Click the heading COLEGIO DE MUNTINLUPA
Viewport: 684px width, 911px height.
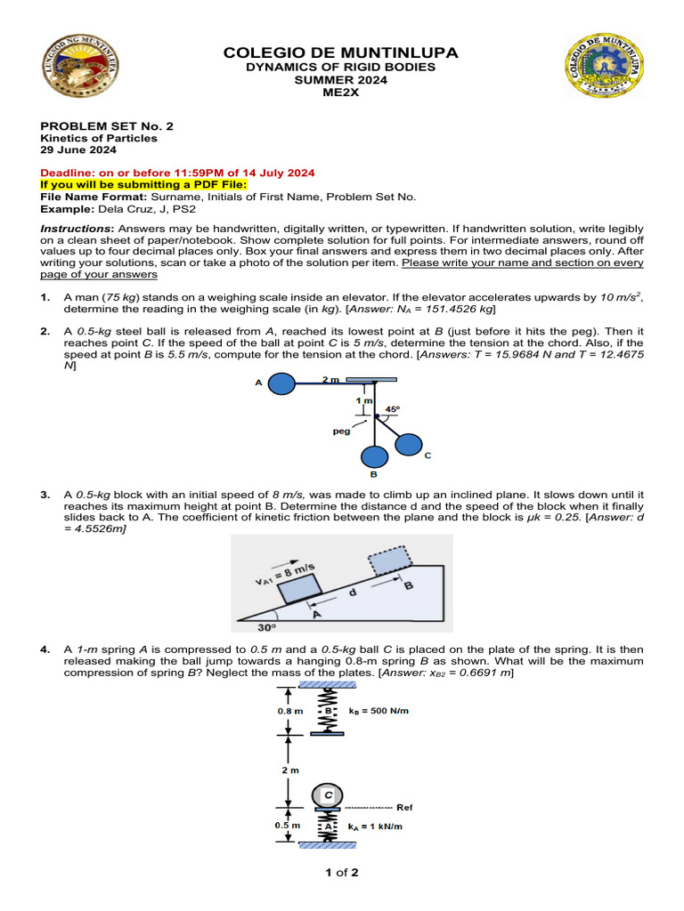click(x=342, y=53)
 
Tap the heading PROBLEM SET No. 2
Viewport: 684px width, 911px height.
click(x=107, y=126)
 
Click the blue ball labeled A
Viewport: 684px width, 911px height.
click(x=281, y=383)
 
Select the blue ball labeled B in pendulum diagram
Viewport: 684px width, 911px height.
click(x=374, y=457)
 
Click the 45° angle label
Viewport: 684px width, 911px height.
click(x=392, y=409)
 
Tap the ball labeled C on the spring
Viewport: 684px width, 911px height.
click(x=328, y=794)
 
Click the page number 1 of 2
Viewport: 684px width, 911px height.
click(x=342, y=872)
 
